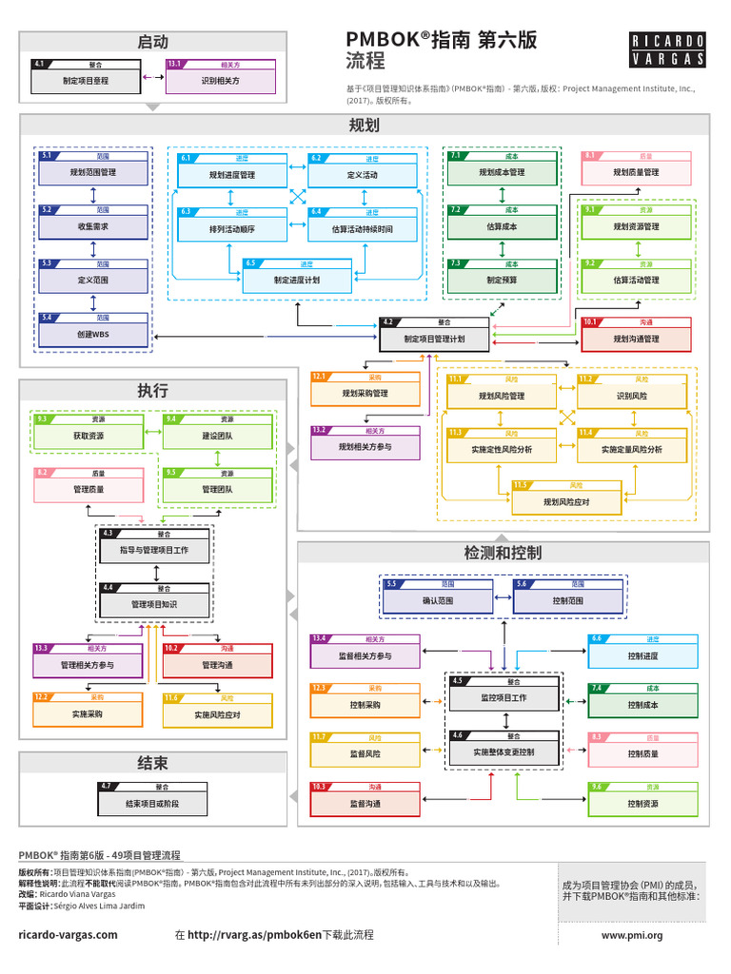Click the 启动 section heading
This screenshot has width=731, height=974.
tap(152, 42)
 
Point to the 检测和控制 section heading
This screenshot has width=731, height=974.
tap(503, 553)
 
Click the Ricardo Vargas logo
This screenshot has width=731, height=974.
tap(668, 49)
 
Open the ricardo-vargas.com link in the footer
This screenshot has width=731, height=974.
tap(69, 935)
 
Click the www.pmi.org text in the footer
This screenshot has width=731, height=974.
tap(632, 935)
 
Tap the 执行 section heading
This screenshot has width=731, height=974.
tap(152, 390)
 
